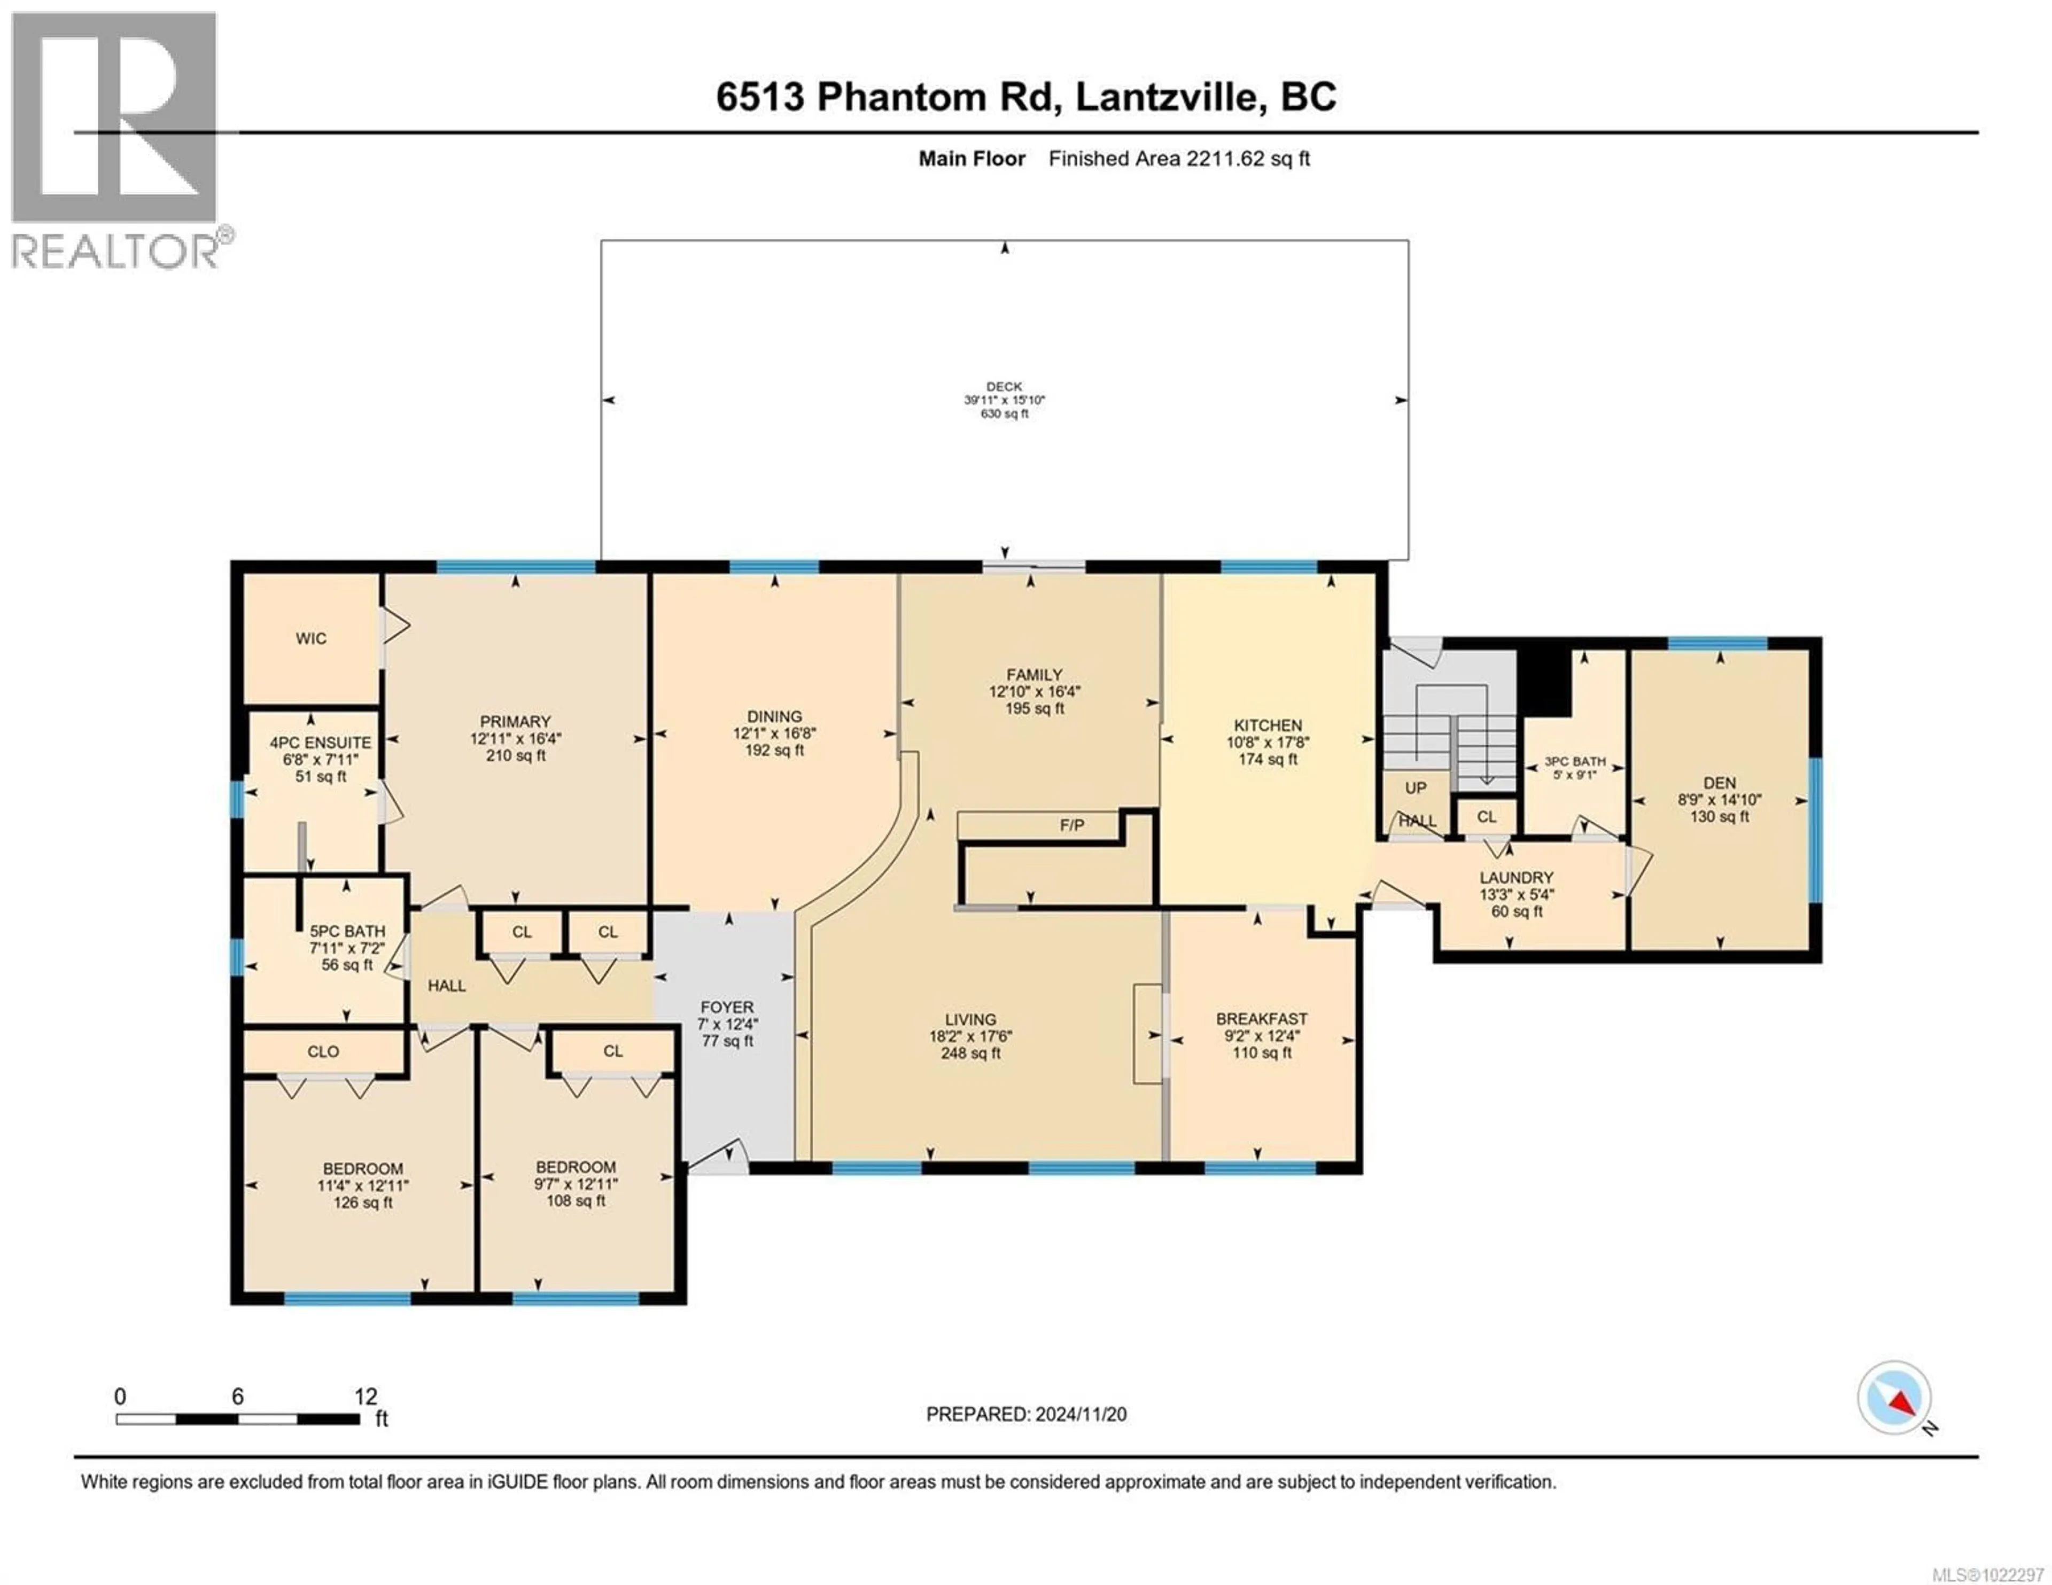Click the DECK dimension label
[x=1004, y=399]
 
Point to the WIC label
[x=311, y=639]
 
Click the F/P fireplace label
[x=1071, y=825]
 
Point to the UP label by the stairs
[x=1415, y=787]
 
